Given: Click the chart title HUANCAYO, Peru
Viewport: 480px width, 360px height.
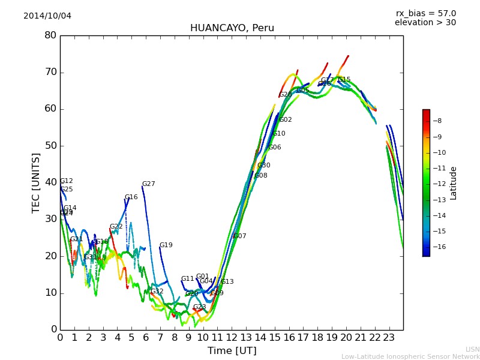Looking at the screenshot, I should tap(232, 28).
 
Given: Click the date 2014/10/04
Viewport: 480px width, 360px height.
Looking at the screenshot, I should tap(47, 16).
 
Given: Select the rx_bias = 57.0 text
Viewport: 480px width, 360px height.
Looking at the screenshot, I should tap(425, 13).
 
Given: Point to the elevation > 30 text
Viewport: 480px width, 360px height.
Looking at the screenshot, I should tap(425, 23).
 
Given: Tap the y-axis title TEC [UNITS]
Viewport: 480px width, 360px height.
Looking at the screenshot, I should tap(37, 182).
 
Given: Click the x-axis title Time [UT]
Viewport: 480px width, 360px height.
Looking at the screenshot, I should tap(232, 350).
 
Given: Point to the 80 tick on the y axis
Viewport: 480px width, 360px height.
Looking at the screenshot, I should tap(50, 35).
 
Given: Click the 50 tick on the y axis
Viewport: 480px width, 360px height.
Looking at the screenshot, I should tap(50, 146).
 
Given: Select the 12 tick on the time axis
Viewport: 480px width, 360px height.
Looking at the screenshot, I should tap(232, 338).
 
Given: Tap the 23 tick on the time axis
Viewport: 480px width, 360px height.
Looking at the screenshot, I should tap(389, 338).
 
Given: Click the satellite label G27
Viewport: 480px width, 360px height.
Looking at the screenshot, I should tap(148, 184).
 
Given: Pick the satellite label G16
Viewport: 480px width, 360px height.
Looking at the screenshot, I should tap(131, 197).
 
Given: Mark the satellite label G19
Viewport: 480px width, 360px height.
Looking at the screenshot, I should tap(166, 245).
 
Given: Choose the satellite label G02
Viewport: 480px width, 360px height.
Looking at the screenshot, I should tap(286, 120).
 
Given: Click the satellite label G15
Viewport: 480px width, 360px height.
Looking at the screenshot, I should tap(344, 80).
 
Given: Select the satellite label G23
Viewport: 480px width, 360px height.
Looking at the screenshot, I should tap(199, 307).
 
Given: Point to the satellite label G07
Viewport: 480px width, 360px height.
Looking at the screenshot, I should tap(239, 236).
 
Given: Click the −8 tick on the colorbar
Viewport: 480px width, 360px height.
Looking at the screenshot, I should tap(437, 121).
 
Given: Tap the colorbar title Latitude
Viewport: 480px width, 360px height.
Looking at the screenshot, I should tap(454, 183).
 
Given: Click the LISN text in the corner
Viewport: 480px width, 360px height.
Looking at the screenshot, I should tap(472, 349).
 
